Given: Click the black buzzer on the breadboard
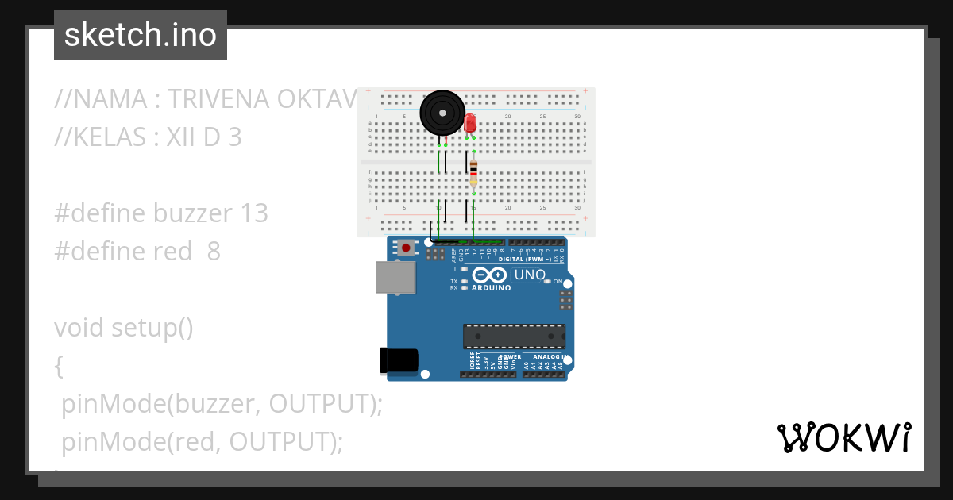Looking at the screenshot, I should click(x=442, y=113).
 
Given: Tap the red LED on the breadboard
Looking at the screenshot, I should click(x=470, y=123).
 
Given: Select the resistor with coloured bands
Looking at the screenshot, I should click(x=473, y=172).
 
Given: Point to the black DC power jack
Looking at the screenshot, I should click(x=399, y=360).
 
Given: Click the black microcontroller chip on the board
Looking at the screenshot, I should click(x=515, y=336).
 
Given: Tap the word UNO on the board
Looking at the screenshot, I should click(x=530, y=275).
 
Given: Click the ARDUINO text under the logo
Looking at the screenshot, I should click(x=491, y=288).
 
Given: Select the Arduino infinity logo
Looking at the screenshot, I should click(x=489, y=275).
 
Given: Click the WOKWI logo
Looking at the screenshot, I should click(x=843, y=438).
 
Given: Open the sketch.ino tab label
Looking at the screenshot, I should click(x=141, y=35).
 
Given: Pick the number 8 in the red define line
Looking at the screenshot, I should click(x=214, y=252).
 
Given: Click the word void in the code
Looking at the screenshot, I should click(x=79, y=328).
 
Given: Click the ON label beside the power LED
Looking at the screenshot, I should click(x=558, y=282).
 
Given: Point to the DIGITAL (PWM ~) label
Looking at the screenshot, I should click(x=525, y=259).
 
